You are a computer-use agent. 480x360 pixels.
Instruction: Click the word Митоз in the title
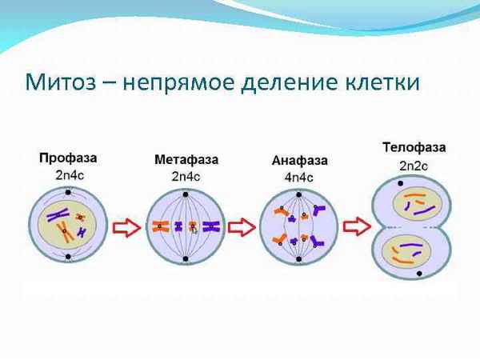click(62, 82)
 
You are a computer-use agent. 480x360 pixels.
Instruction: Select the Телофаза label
click(414, 148)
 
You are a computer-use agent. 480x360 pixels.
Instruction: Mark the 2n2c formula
click(414, 166)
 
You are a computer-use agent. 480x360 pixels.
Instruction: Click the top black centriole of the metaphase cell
click(186, 194)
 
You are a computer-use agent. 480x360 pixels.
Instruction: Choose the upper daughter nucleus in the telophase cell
click(413, 204)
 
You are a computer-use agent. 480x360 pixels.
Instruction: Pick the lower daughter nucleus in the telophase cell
click(413, 254)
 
